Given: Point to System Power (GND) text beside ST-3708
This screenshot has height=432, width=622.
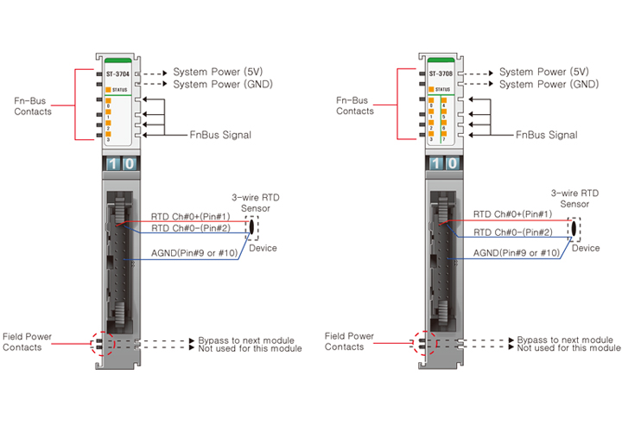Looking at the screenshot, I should [548, 85].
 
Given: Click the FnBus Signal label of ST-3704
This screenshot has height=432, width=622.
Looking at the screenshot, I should [220, 135].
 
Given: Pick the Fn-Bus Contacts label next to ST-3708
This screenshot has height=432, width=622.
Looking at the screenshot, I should [355, 105].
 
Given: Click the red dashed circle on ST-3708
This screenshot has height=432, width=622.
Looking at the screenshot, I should [426, 342].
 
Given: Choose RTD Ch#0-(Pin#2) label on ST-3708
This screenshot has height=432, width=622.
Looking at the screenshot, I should [512, 232].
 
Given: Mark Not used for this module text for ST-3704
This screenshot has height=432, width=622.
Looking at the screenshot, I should [250, 349].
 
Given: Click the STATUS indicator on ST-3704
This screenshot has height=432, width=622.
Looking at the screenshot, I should [119, 90].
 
